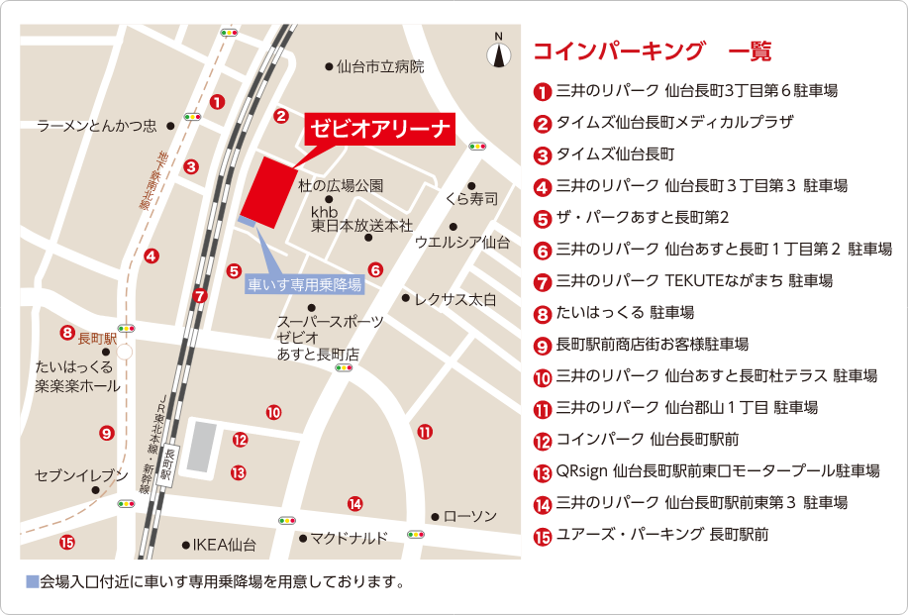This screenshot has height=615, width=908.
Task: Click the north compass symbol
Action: click(498, 51)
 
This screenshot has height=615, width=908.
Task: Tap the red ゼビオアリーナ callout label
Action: click(380, 128)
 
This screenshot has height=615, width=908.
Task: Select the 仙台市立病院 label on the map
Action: click(379, 67)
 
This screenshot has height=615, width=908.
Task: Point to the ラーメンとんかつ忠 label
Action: click(97, 126)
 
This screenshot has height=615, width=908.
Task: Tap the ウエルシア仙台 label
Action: click(461, 242)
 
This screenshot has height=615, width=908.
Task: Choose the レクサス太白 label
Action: click(454, 298)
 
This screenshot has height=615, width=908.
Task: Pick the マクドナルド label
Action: click(349, 539)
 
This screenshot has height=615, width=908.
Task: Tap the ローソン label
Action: click(469, 517)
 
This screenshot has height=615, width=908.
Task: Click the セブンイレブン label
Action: click(81, 476)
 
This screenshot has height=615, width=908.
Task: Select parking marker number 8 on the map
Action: click(67, 333)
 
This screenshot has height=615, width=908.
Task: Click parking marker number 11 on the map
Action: click(425, 432)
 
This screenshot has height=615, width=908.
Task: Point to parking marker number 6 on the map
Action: click(375, 269)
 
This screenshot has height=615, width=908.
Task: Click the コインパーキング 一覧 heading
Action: click(652, 51)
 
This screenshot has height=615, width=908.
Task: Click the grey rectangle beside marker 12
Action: click(202, 447)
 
